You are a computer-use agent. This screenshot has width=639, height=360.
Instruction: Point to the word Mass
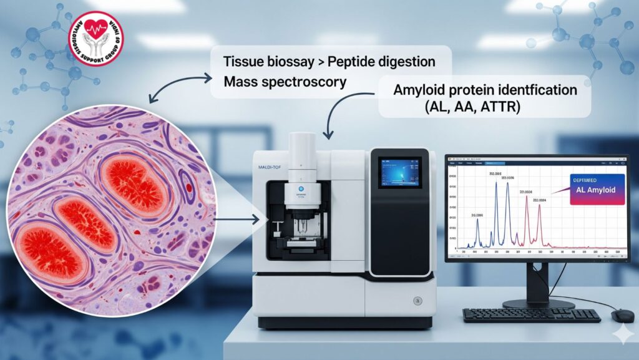tap(241, 81)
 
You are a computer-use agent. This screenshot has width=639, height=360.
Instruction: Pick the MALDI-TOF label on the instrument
tap(269, 166)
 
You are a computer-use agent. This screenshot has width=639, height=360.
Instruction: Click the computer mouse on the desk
tap(622, 316)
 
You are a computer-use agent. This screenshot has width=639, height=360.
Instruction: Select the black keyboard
tap(531, 316)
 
